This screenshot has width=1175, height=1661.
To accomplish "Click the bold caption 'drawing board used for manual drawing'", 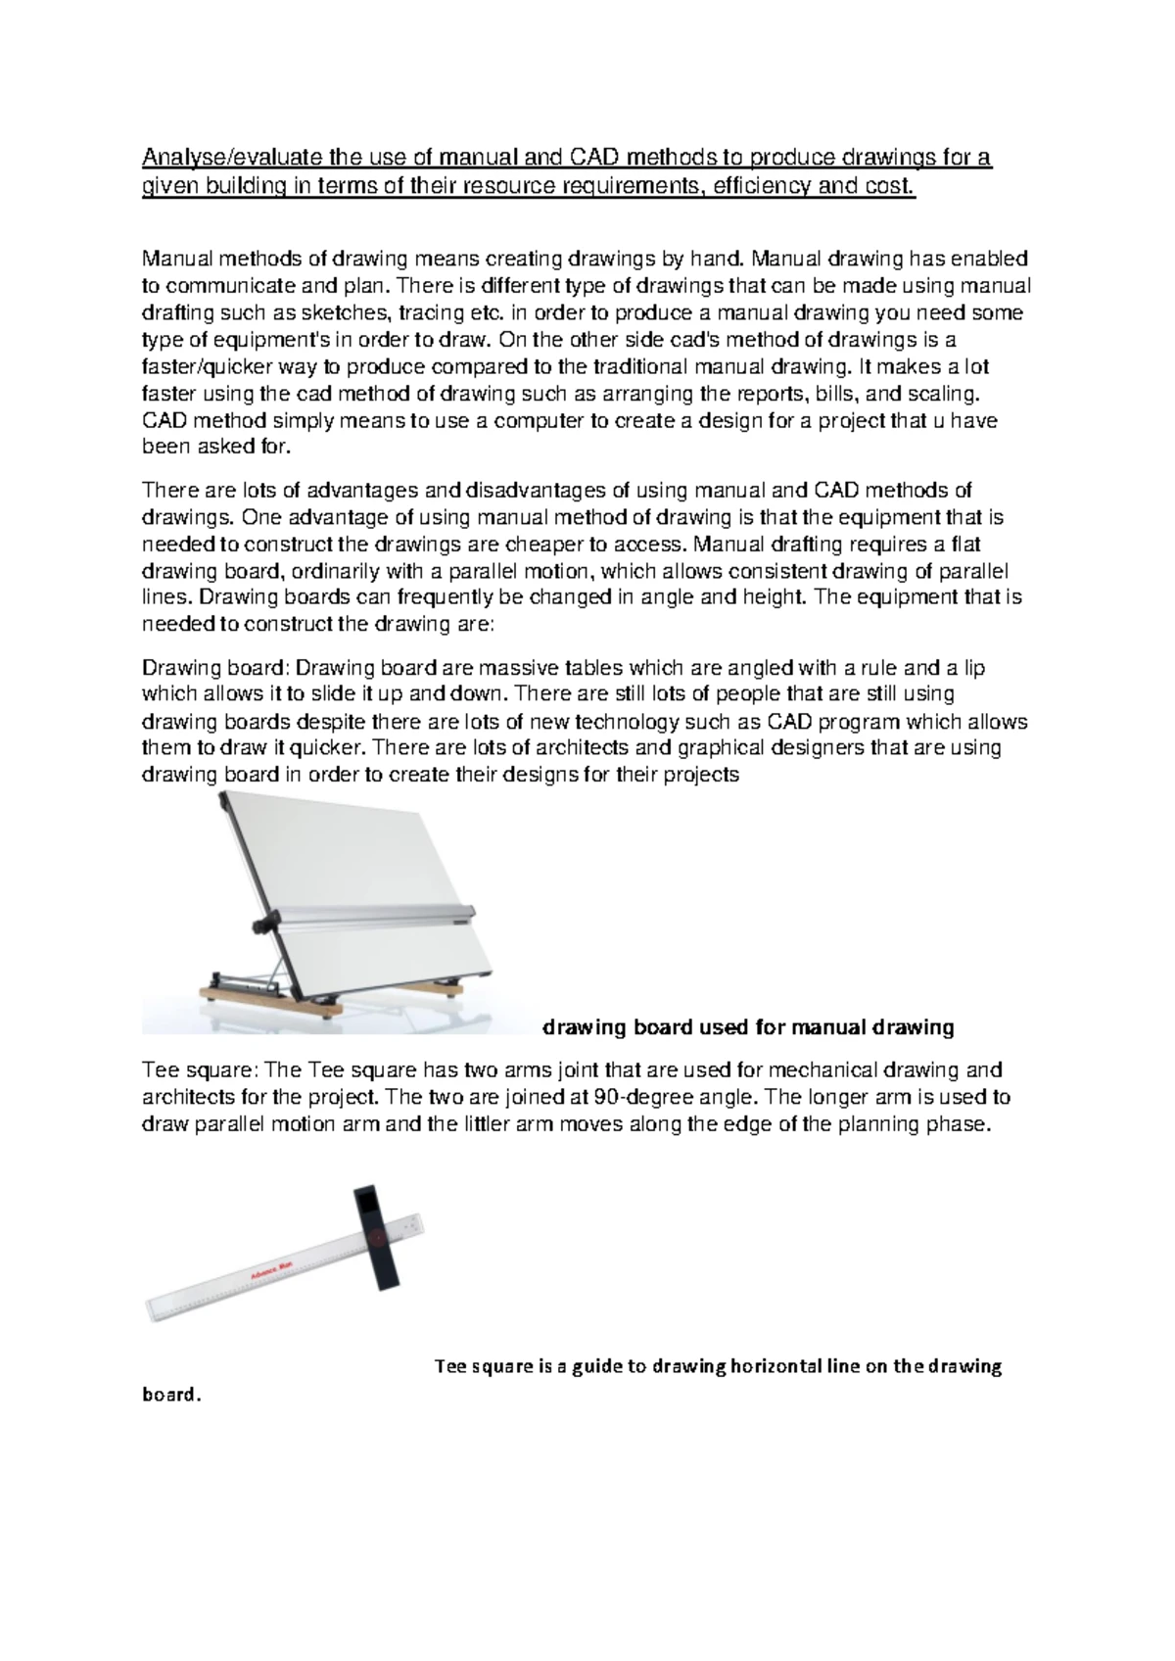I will (x=748, y=1027).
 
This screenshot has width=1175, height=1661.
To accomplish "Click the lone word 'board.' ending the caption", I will (x=171, y=1395).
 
